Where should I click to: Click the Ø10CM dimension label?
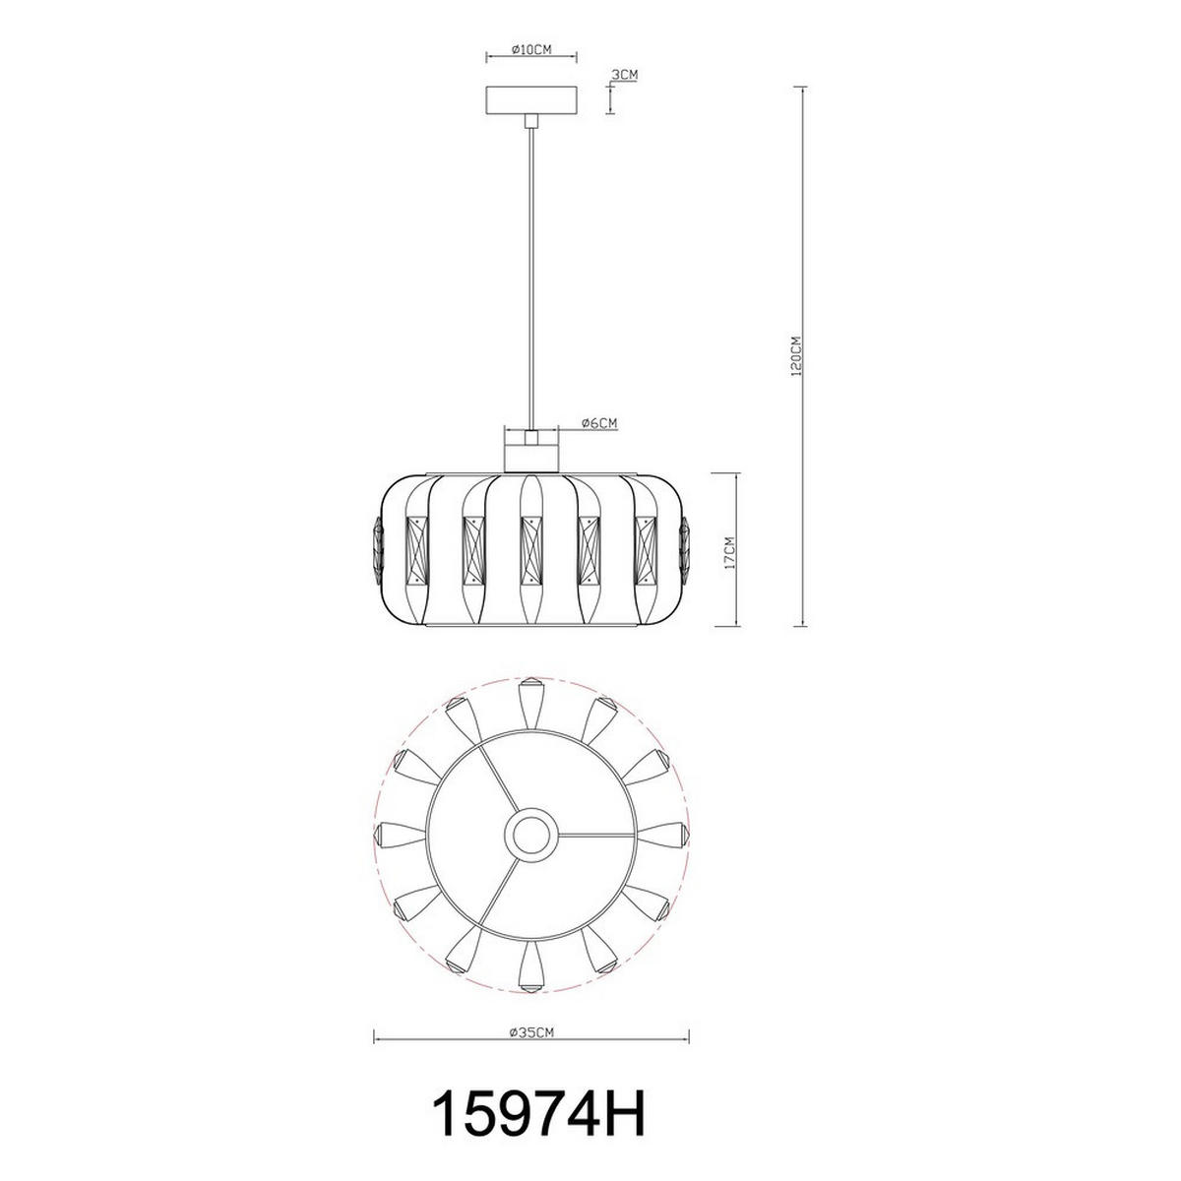(531, 49)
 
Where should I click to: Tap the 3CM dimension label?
(625, 75)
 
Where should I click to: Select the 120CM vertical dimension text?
(796, 355)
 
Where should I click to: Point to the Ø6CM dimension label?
(598, 423)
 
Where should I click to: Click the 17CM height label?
(729, 553)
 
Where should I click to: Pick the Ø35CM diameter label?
(531, 1032)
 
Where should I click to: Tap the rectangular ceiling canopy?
(531, 100)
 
